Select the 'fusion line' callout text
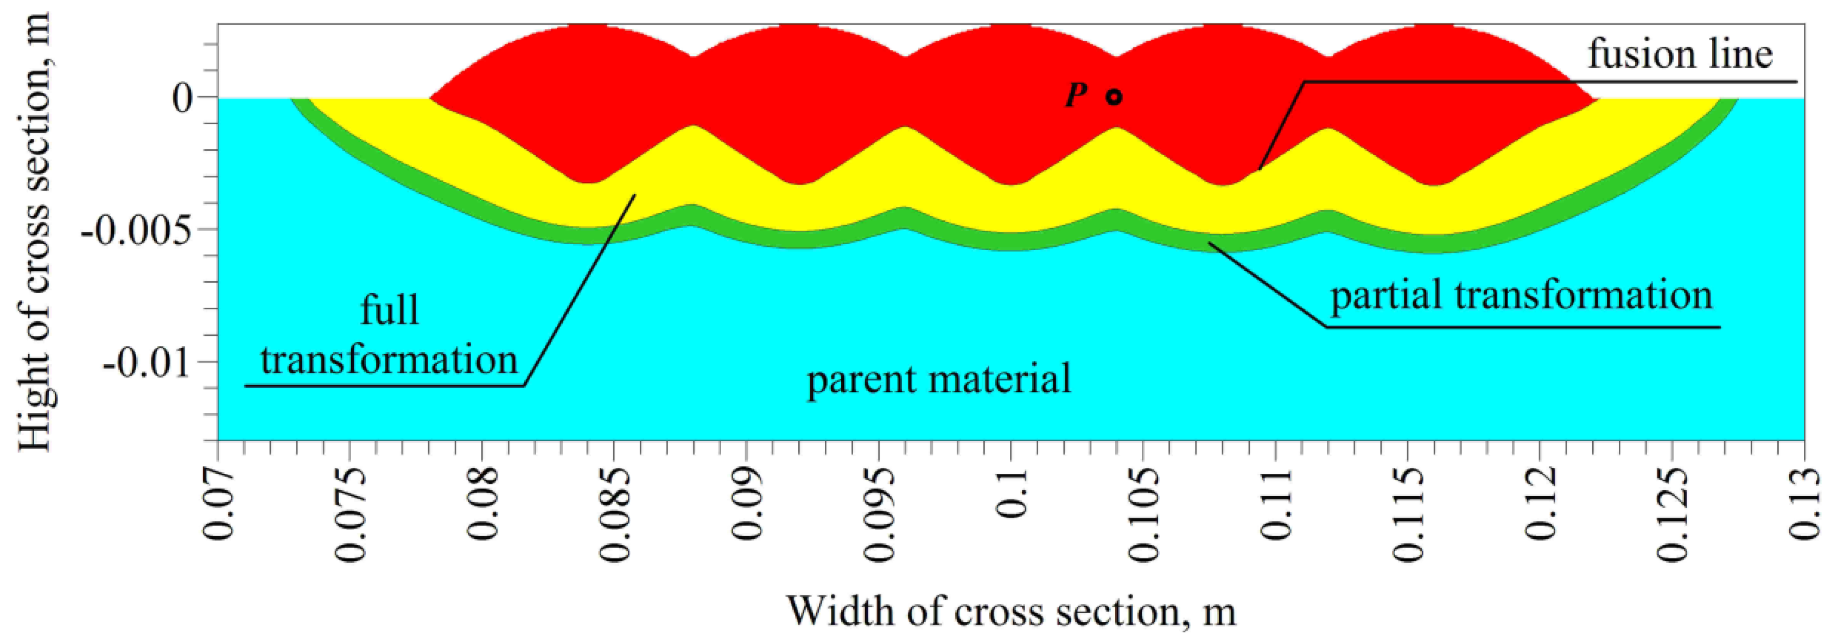click(x=1680, y=55)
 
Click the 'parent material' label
click(x=938, y=378)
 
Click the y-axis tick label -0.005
click(x=136, y=230)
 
